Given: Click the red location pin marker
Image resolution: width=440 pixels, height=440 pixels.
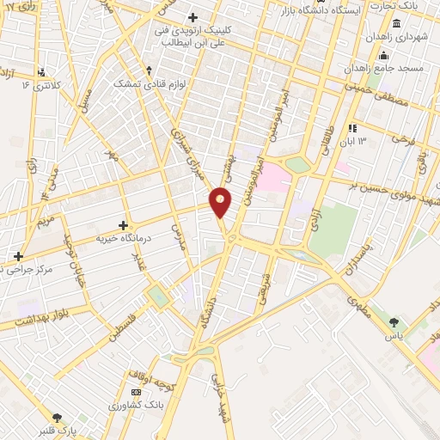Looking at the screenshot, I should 221,203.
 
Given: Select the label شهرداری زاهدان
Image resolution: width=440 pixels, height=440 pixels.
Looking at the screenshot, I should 394,38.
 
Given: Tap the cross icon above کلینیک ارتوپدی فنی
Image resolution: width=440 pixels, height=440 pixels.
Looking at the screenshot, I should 193,16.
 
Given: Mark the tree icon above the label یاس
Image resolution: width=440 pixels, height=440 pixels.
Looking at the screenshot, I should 394,322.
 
